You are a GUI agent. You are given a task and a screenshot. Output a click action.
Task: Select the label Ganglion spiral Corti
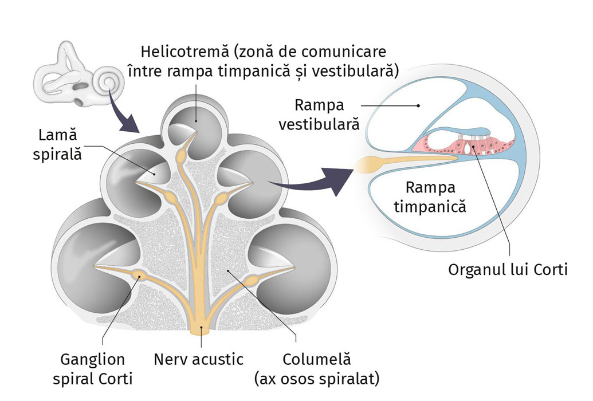click(x=92, y=369)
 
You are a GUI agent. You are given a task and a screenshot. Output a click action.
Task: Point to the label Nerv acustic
click(x=198, y=360)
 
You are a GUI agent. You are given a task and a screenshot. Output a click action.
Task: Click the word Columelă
click(x=316, y=360)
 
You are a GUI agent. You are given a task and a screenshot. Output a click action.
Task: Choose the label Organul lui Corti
click(x=508, y=269)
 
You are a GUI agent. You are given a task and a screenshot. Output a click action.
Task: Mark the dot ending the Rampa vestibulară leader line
click(x=419, y=105)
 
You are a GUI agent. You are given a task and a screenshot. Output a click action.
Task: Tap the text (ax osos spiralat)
click(x=317, y=379)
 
